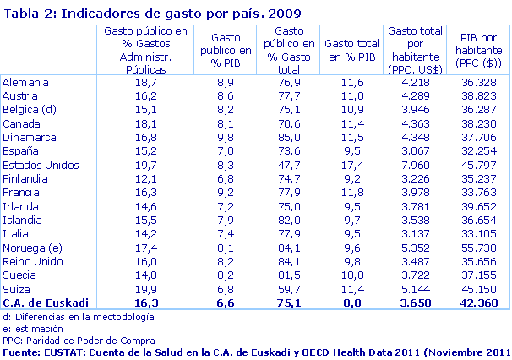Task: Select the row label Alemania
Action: pos(26,84)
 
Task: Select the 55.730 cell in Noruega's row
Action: pos(479,248)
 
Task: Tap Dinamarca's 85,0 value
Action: pos(288,139)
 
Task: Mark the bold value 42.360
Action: pos(479,303)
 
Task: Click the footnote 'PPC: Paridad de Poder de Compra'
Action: pos(78,340)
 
